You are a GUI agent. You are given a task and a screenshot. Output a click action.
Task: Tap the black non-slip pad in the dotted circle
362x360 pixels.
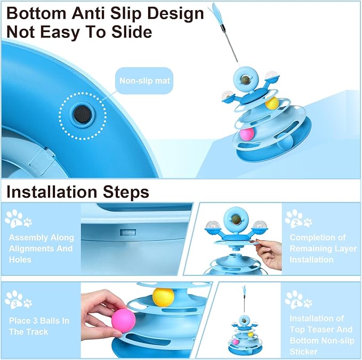[x=83, y=113]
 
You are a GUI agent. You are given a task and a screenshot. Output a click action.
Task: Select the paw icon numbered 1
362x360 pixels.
[x=17, y=218]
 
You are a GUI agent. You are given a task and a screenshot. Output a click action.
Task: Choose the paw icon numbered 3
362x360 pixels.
[x=17, y=300]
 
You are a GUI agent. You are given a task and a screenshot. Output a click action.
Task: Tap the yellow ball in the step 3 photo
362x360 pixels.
[x=160, y=297]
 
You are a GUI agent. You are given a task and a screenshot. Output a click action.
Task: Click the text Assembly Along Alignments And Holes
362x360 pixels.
[x=41, y=248]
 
